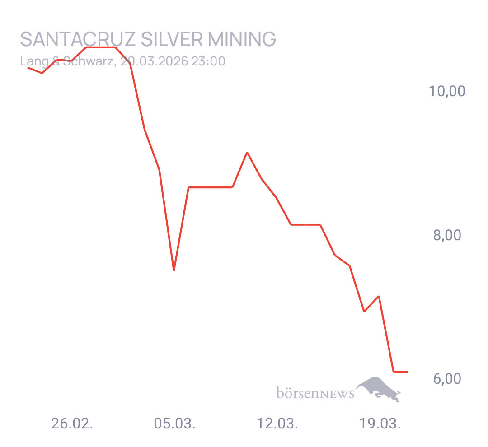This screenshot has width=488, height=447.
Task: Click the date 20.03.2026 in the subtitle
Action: point(154,61)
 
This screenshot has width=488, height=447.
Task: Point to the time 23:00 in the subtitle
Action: point(208,61)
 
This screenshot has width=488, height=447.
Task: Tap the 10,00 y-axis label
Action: point(447,92)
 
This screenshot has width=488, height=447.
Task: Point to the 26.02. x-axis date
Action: point(72,424)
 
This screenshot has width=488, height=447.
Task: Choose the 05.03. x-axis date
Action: point(175,424)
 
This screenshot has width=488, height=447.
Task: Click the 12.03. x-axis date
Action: point(277,424)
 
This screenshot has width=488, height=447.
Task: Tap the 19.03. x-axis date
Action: point(380,424)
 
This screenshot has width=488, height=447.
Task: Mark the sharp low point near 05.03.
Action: point(174,270)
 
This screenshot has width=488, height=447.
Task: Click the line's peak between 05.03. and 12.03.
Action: point(247,153)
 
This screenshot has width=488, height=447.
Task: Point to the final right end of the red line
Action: point(408,371)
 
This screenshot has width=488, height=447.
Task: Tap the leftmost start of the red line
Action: point(28,68)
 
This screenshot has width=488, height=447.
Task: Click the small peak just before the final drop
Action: point(379,296)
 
